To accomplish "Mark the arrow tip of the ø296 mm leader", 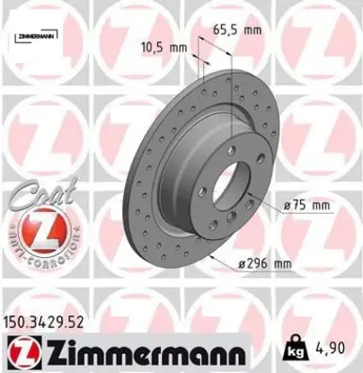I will [x=208, y=256].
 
